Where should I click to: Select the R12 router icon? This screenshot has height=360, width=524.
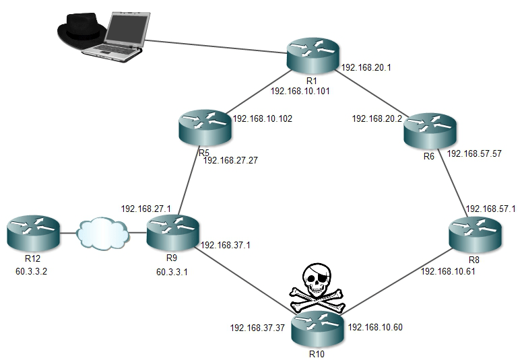(31, 231)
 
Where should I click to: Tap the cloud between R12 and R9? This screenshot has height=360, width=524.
(102, 232)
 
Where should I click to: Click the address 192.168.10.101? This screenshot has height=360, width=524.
(300, 89)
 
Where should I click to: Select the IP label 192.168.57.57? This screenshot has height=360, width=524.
(474, 153)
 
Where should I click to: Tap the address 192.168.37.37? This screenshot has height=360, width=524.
(258, 328)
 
